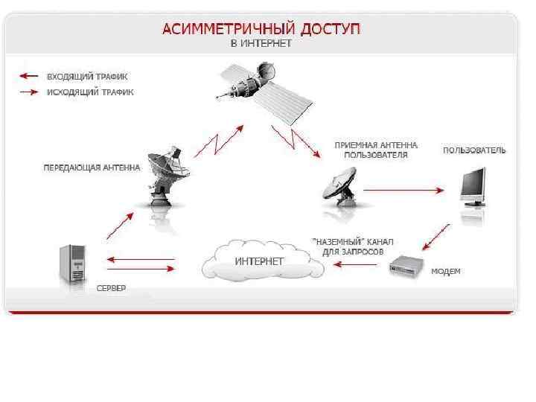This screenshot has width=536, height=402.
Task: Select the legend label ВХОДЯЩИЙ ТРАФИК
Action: tap(87, 76)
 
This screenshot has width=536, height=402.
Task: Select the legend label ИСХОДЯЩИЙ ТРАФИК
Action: tap(90, 92)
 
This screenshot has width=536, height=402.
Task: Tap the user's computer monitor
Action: tap(473, 185)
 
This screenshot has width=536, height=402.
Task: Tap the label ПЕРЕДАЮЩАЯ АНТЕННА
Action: tap(91, 167)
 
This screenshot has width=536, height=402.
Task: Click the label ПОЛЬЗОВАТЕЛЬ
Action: tap(474, 150)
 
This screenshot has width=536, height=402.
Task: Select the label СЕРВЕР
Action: tap(112, 287)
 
